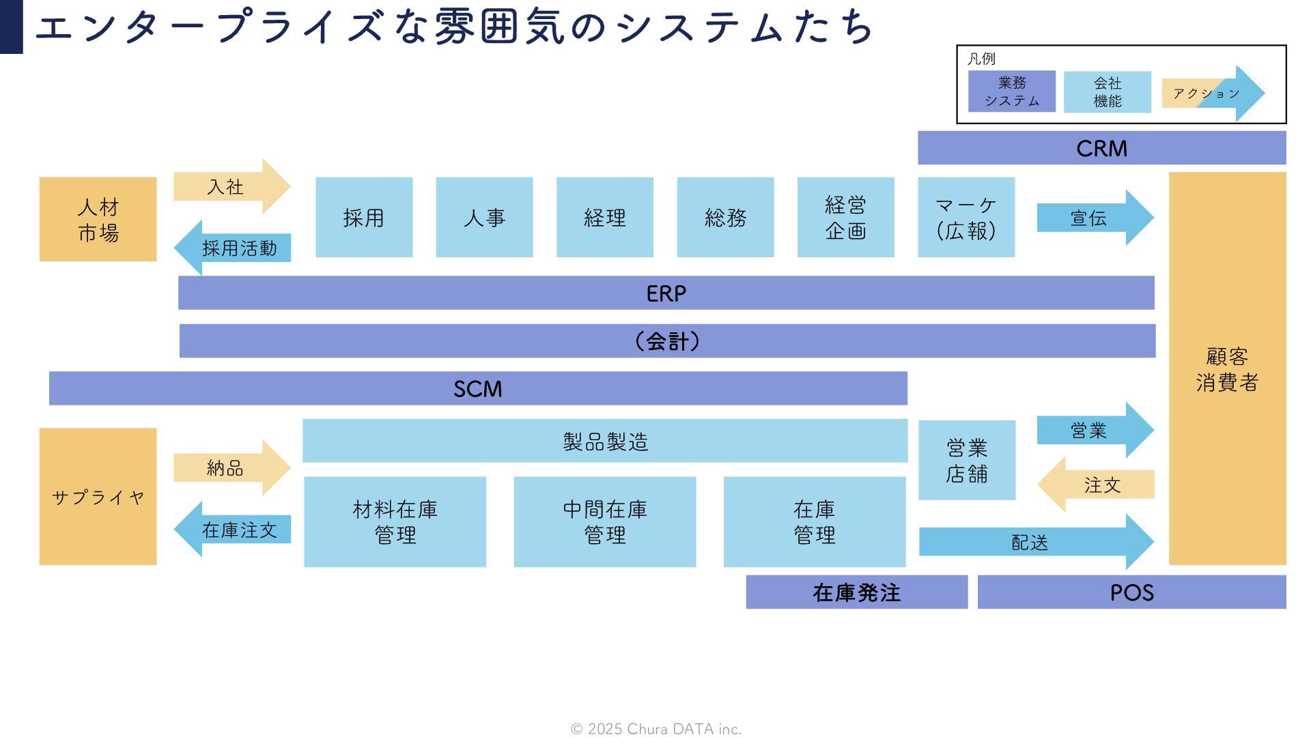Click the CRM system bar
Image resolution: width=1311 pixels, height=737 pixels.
click(x=1101, y=148)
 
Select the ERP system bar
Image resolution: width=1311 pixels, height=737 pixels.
click(x=666, y=293)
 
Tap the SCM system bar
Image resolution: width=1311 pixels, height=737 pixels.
click(x=478, y=388)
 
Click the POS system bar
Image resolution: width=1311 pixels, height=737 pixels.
click(x=1131, y=592)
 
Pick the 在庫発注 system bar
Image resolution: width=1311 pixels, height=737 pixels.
click(x=856, y=592)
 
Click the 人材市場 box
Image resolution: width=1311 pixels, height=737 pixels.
click(x=98, y=219)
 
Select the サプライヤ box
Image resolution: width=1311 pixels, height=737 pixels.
click(x=98, y=496)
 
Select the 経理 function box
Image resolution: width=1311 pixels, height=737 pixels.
click(x=604, y=217)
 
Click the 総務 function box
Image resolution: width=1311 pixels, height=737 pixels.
click(x=725, y=217)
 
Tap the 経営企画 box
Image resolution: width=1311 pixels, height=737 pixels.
click(x=845, y=217)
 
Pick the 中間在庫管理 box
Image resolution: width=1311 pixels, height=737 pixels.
click(x=604, y=521)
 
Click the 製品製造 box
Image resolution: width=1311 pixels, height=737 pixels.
click(x=604, y=441)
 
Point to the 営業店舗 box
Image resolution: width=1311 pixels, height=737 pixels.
click(x=966, y=460)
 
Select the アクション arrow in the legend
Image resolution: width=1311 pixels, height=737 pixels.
click(x=1212, y=93)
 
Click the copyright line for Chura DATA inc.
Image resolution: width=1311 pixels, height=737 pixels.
click(x=655, y=729)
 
